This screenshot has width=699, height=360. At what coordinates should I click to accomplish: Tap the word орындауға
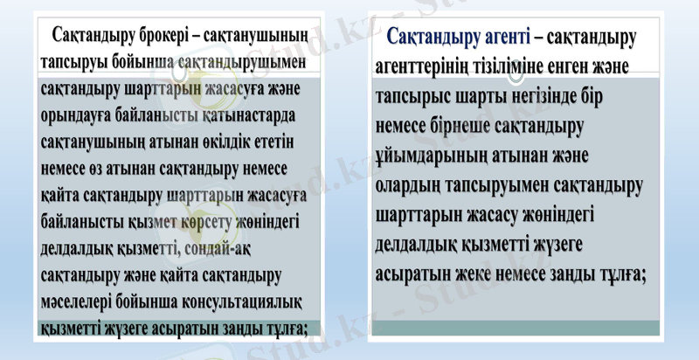pyautogui.click(x=80, y=116)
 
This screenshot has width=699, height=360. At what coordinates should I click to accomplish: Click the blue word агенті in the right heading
pyautogui.click(x=494, y=38)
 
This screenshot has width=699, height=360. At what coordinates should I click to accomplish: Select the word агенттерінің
pyautogui.click(x=432, y=66)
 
